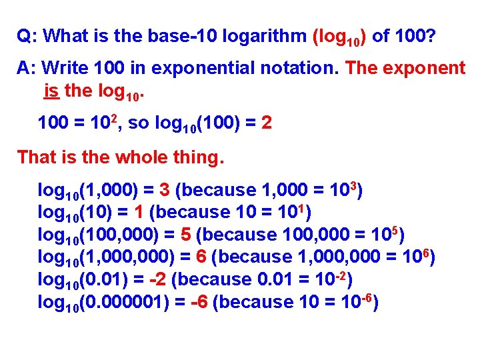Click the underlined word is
[51, 90]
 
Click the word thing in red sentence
[199, 158]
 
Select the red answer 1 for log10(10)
[138, 212]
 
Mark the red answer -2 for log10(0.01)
[162, 279]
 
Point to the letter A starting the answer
[23, 68]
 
